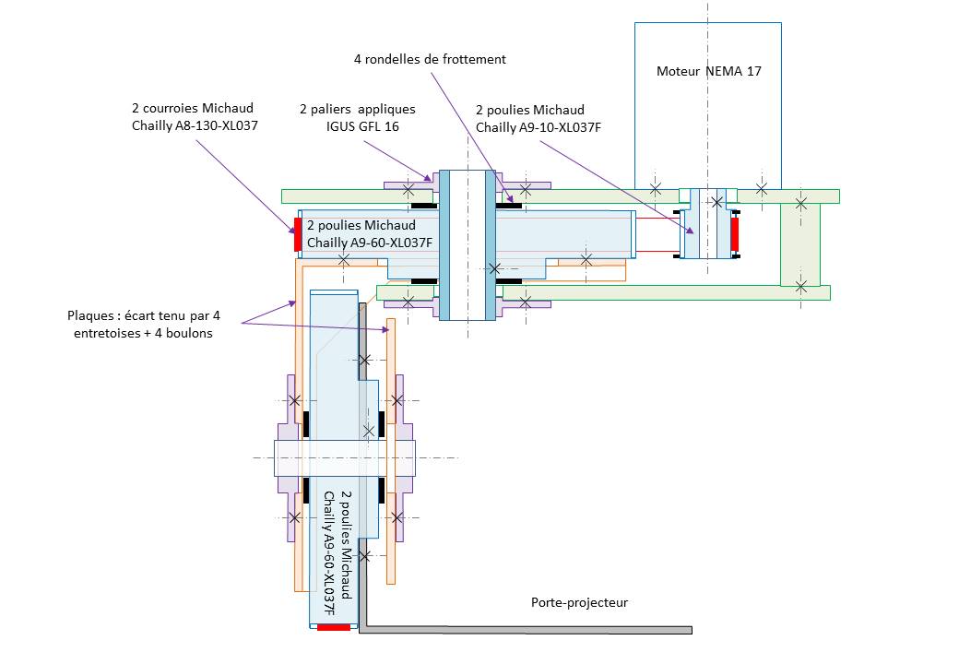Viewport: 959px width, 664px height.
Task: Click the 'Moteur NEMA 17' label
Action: pyautogui.click(x=709, y=71)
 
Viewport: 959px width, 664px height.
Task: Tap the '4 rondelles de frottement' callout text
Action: pyautogui.click(x=430, y=59)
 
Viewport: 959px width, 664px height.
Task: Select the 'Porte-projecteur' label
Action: pyautogui.click(x=579, y=602)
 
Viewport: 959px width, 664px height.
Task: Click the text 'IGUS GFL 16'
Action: pyautogui.click(x=362, y=126)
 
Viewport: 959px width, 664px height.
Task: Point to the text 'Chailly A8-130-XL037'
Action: pyautogui.click(x=195, y=125)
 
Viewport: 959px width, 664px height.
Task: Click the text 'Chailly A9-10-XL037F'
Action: pyautogui.click(x=539, y=127)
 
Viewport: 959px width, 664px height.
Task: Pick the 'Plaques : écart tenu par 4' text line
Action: pyautogui.click(x=144, y=316)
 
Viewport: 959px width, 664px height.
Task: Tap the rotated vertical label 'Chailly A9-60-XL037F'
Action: pyautogui.click(x=329, y=553)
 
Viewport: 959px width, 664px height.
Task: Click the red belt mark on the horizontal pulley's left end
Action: pyautogui.click(x=298, y=233)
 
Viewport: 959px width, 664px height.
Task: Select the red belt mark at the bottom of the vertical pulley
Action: pyautogui.click(x=334, y=627)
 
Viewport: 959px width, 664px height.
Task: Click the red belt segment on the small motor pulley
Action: pyautogui.click(x=735, y=234)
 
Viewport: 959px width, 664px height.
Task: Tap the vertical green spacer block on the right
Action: pyautogui.click(x=800, y=244)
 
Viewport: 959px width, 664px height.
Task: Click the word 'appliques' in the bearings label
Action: pyautogui.click(x=386, y=110)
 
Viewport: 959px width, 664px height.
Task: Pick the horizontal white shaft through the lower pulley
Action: pyautogui.click(x=345, y=458)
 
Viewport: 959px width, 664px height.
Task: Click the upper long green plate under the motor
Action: pyautogui.click(x=561, y=196)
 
